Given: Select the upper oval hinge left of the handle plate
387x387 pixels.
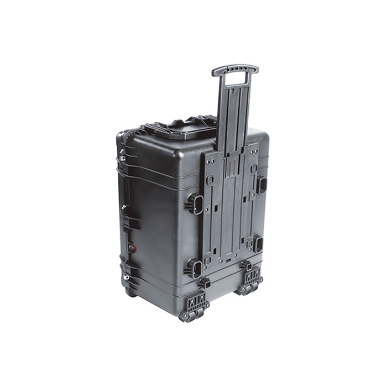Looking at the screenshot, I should (x=195, y=203).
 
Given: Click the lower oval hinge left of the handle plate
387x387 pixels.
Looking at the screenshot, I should (x=194, y=269).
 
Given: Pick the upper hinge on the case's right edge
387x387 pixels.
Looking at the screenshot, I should (x=261, y=185).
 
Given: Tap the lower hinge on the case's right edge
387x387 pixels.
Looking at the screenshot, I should (x=258, y=244).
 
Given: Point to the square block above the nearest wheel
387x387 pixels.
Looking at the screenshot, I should (x=205, y=283).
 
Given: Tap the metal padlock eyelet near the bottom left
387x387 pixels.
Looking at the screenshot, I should (x=127, y=276).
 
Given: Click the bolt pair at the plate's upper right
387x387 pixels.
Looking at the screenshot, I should (x=253, y=150).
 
